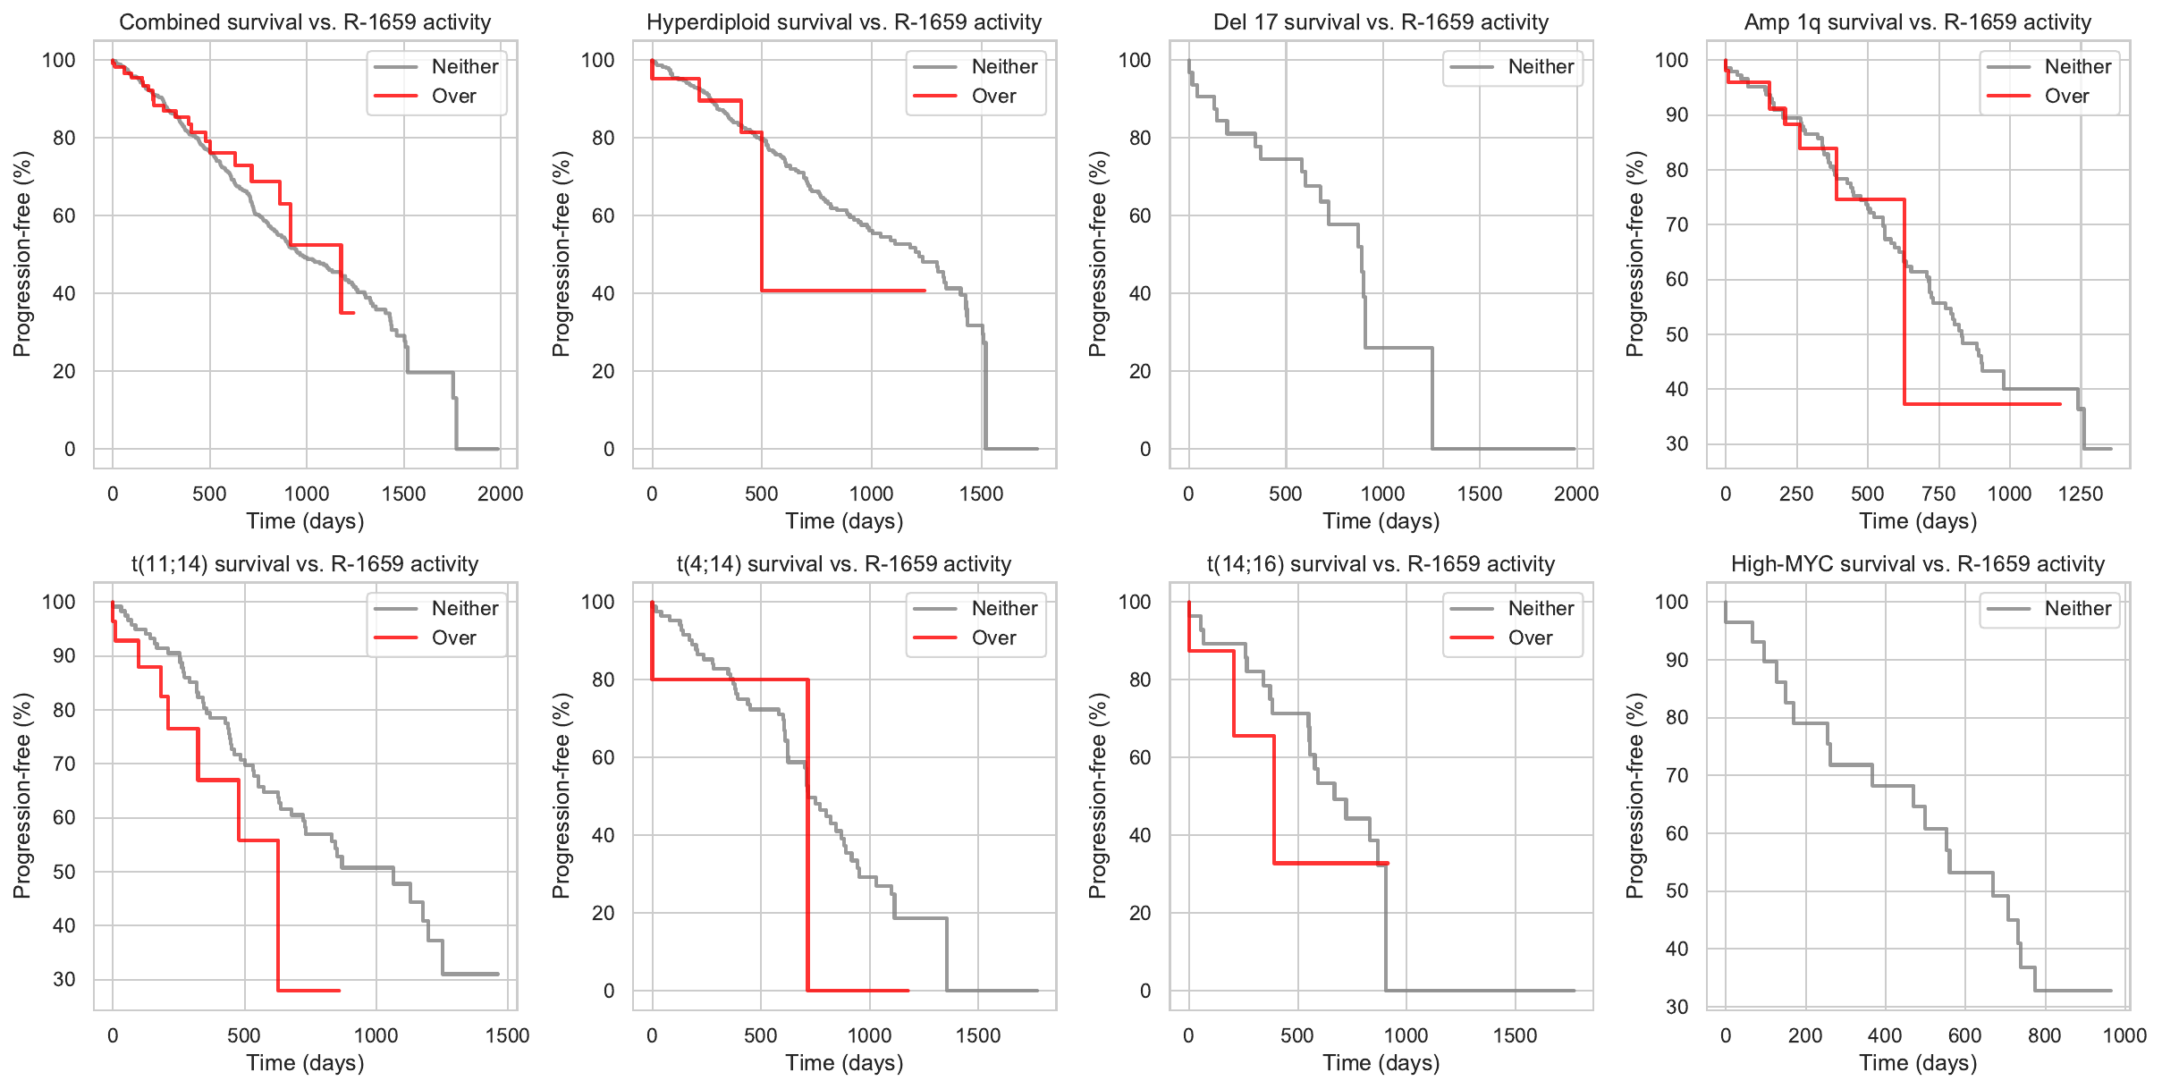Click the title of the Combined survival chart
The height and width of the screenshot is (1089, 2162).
tap(305, 22)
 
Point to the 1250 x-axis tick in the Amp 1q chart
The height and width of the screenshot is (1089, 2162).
tap(2080, 494)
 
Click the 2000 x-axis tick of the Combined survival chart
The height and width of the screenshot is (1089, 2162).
tap(500, 494)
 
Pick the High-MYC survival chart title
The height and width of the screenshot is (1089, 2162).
tap(1918, 564)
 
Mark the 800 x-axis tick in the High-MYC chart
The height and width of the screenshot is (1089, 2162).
tap(2044, 1035)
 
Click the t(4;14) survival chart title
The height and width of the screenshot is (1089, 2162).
tap(844, 564)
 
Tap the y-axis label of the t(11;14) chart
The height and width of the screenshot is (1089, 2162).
tap(22, 796)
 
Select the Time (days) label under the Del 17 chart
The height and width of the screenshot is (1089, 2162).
tap(1381, 521)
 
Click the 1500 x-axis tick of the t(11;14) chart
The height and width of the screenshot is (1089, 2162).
tap(507, 1035)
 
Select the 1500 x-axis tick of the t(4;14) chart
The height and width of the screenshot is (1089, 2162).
tap(977, 1035)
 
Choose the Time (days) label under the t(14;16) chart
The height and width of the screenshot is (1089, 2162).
tap(1381, 1063)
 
